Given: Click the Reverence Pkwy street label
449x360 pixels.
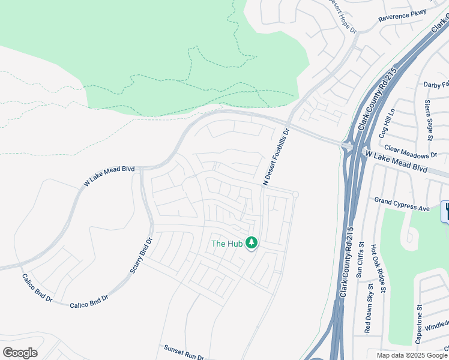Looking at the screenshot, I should point(402,16).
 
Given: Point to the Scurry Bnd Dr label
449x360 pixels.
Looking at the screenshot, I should point(142,255).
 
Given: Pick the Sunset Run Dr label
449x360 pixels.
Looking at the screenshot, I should point(184,352).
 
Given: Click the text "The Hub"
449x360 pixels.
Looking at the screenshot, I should point(226,244).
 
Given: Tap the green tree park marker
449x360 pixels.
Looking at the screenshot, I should point(252,242).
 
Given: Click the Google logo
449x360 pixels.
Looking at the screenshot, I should point(20,352).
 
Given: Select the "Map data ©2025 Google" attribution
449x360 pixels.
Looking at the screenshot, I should point(412,355).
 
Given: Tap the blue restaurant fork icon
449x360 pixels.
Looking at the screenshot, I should point(445,211).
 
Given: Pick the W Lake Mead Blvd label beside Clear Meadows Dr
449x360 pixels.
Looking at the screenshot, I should point(397,163).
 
